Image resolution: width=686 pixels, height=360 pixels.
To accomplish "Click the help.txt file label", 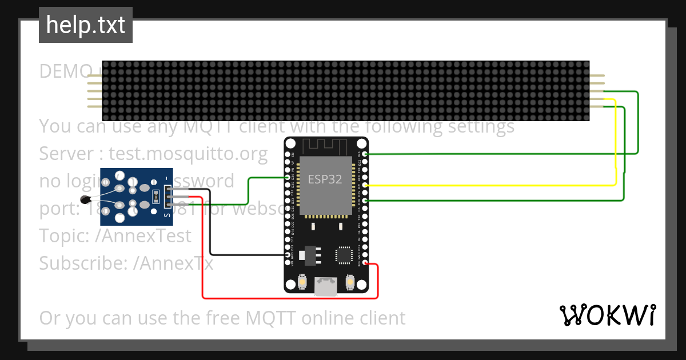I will tap(86, 25).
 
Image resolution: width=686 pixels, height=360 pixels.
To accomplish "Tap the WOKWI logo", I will tap(608, 315).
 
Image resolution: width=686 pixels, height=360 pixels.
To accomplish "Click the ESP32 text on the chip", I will tap(325, 179).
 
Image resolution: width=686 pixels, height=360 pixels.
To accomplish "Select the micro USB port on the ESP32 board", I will tap(326, 286).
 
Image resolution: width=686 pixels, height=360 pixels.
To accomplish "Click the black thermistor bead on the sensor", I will tap(86, 199).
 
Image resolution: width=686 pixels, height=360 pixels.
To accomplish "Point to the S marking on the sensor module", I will tap(167, 215).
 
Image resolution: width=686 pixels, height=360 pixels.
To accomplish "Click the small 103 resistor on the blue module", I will tap(155, 197).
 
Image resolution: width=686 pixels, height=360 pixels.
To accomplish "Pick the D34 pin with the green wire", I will tap(288, 178).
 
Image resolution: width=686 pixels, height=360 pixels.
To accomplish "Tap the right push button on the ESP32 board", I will tap(350, 282).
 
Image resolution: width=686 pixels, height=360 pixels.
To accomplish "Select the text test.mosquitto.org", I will tap(188, 154).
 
